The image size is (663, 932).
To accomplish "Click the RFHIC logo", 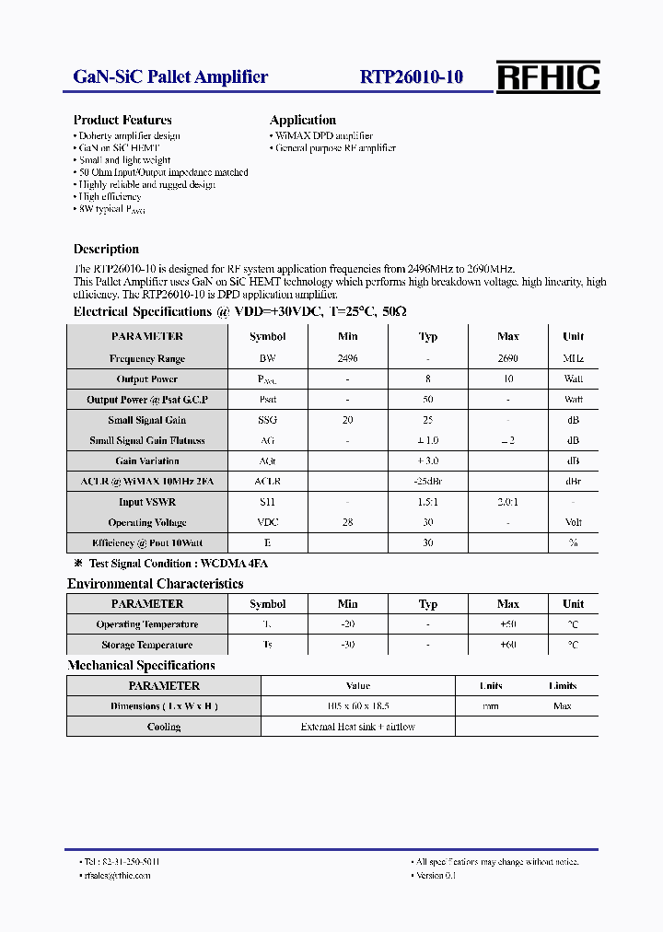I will point(548,77).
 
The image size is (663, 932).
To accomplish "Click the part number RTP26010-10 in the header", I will point(412,77).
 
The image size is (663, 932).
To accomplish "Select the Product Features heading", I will point(122,120).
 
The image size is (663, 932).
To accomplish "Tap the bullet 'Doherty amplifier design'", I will point(128,135).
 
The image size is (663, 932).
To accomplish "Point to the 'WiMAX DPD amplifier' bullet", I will point(323,135).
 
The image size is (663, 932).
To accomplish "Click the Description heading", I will point(106,249).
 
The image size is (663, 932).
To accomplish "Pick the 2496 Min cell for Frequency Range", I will point(347,358).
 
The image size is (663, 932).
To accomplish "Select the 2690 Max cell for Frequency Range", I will point(507,358).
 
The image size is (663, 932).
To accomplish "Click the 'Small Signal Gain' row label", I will point(147,420).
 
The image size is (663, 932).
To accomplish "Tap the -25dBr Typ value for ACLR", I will point(428,482).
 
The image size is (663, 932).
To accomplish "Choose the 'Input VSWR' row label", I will point(147,502).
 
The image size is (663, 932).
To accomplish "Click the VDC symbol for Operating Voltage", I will point(267,522).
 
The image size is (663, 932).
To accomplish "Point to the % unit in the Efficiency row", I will point(573,543).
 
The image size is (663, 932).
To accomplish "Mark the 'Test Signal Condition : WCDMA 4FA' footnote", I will point(178,563).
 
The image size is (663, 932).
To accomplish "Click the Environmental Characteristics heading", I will point(156,584).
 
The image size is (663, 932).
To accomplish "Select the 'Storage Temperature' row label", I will point(147,645).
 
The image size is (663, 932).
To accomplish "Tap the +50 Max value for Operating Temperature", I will point(507,624).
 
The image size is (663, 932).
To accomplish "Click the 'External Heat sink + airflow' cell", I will point(357,727).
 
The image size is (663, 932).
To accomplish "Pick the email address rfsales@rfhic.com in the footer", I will point(117,875).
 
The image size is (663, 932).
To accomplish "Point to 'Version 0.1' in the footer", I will point(436,875).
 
